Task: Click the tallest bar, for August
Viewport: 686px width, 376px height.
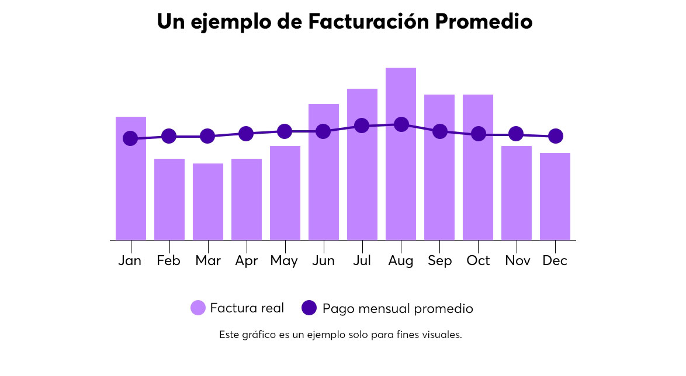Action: click(401, 187)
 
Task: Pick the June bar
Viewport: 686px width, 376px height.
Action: click(324, 187)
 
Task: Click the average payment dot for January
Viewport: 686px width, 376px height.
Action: click(130, 138)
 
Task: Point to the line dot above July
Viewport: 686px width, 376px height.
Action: click(362, 126)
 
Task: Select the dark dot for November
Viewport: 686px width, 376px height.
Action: click(516, 134)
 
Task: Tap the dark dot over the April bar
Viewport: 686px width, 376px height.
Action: click(246, 134)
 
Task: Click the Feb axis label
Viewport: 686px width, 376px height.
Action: click(168, 260)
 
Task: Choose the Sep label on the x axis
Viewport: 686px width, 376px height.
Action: click(439, 260)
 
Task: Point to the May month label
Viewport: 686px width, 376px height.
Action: click(284, 261)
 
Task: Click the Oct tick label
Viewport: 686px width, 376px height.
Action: click(478, 260)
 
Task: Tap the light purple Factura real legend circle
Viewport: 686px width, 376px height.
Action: click(198, 308)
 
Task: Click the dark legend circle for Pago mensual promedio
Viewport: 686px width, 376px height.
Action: click(309, 308)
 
